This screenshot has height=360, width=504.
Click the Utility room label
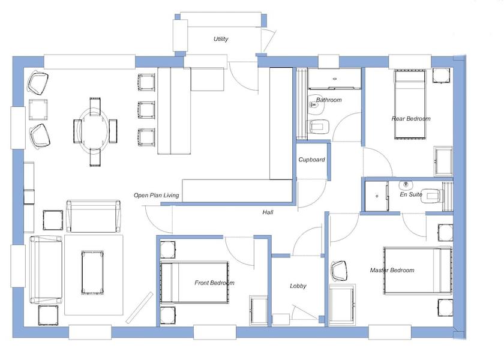point(221,40)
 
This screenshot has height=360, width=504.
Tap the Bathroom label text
point(329,100)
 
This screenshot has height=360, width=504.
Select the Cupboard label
point(312,160)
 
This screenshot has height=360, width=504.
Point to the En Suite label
point(411,194)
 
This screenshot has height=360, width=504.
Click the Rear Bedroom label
point(411,119)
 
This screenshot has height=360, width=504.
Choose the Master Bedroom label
point(392,271)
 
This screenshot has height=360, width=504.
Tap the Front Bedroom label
point(214,283)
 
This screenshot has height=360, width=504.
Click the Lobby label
point(298,286)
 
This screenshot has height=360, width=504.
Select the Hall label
point(268,212)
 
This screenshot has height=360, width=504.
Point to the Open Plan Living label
point(156,195)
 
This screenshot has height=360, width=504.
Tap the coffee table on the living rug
point(94,272)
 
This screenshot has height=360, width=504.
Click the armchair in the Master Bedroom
point(340,271)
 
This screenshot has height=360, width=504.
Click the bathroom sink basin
point(314,105)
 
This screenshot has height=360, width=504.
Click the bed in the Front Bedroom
point(195,282)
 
